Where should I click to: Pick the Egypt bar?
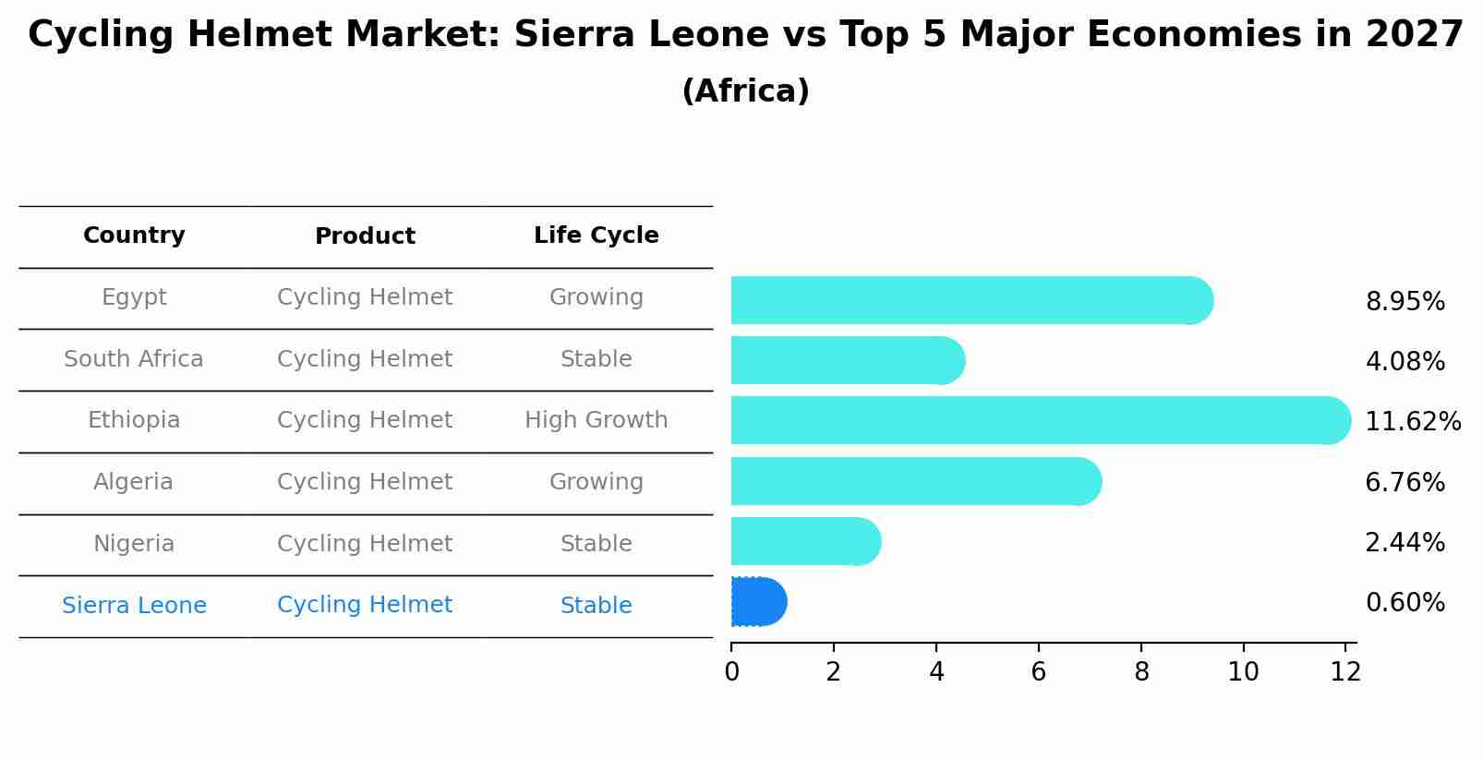970,300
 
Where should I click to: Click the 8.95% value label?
1405,302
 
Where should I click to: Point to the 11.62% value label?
1412,422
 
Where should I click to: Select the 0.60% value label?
1405,603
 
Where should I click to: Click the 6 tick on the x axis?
1039,672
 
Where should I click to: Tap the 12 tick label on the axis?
1345,672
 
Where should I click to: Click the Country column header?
134,235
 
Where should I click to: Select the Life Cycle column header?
596,235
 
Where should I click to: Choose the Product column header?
365,236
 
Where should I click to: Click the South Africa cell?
134,359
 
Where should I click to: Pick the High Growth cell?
596,420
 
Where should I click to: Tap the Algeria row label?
134,482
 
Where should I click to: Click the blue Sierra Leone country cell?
134,606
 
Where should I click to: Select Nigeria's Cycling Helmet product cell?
365,544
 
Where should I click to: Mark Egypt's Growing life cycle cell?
596,297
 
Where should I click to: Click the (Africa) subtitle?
745,91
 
